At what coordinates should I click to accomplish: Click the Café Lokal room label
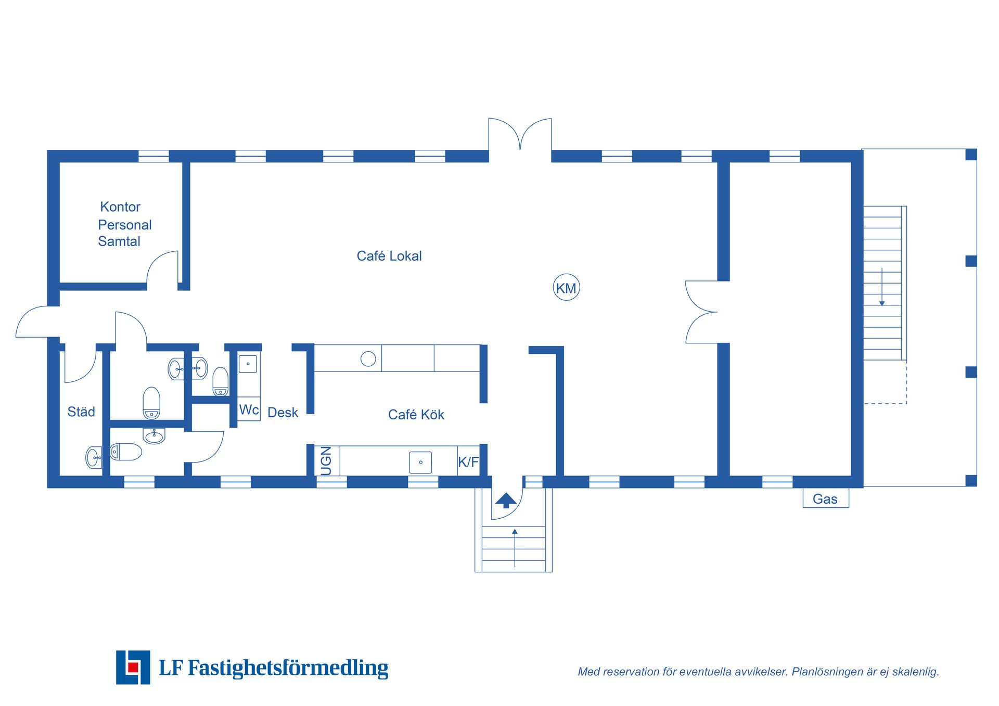389,256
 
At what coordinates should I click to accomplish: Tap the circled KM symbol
566,288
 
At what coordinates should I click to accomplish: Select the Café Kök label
416,415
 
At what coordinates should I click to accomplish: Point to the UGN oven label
326,461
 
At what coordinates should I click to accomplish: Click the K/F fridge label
468,462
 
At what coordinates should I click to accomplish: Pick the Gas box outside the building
826,498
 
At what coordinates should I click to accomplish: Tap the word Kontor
120,207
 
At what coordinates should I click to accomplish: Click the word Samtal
119,241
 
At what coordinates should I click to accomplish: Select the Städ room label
81,412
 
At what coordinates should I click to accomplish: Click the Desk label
283,413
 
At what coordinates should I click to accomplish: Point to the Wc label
249,410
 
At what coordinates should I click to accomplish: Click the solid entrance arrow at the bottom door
506,500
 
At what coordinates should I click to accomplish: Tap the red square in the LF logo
133,667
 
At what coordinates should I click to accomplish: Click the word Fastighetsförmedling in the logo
288,668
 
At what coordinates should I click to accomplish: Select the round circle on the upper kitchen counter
368,358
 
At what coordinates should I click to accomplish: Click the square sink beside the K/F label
420,463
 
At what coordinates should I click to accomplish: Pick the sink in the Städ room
94,458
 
